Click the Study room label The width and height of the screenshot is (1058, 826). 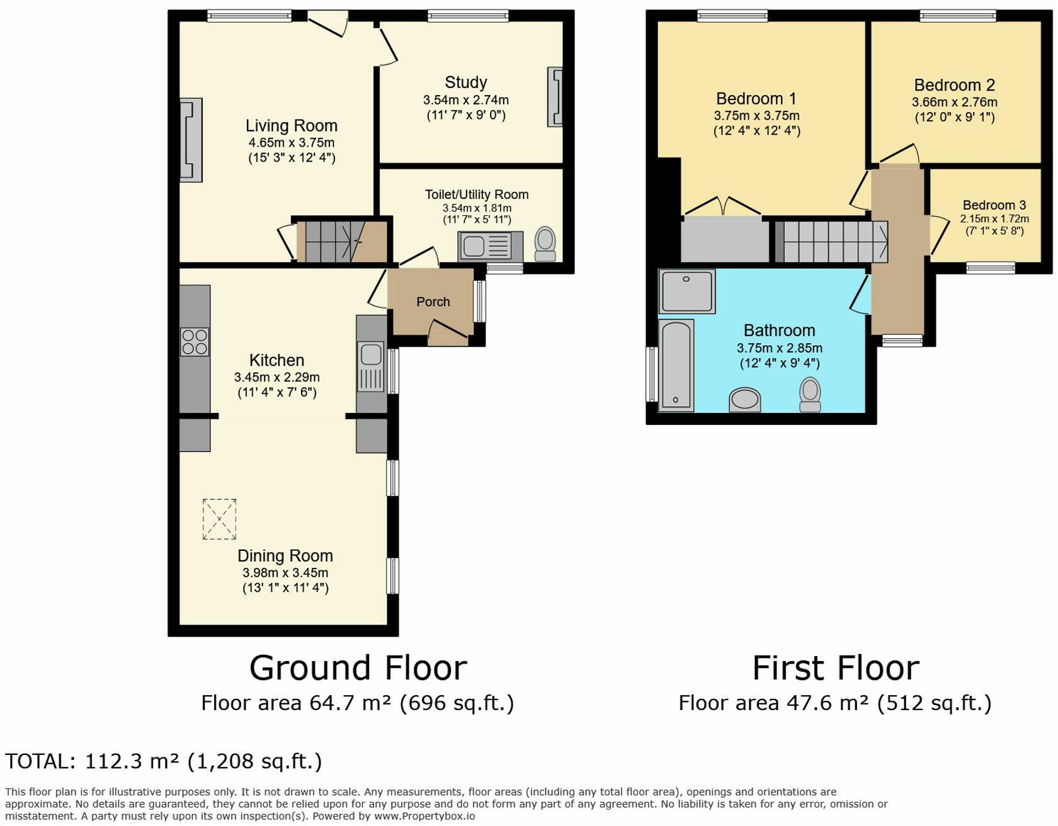465,82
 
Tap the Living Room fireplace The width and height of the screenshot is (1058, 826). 191,140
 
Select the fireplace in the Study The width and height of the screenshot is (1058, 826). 555,97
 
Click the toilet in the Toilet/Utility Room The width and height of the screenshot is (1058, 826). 545,244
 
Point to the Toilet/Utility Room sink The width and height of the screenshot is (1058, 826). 491,246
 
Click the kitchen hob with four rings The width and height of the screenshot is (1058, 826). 195,342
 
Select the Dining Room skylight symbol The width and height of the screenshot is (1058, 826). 219,519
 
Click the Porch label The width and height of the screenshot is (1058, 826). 433,302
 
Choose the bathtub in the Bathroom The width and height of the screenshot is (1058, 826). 676,365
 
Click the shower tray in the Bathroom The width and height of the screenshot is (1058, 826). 687,291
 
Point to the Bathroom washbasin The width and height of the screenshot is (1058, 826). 745,400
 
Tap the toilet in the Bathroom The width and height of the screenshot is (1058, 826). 810,395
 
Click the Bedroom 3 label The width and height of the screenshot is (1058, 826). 994,205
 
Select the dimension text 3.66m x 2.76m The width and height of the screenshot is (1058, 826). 955,102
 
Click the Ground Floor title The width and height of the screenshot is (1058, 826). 358,668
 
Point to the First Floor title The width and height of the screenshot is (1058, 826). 836,668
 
